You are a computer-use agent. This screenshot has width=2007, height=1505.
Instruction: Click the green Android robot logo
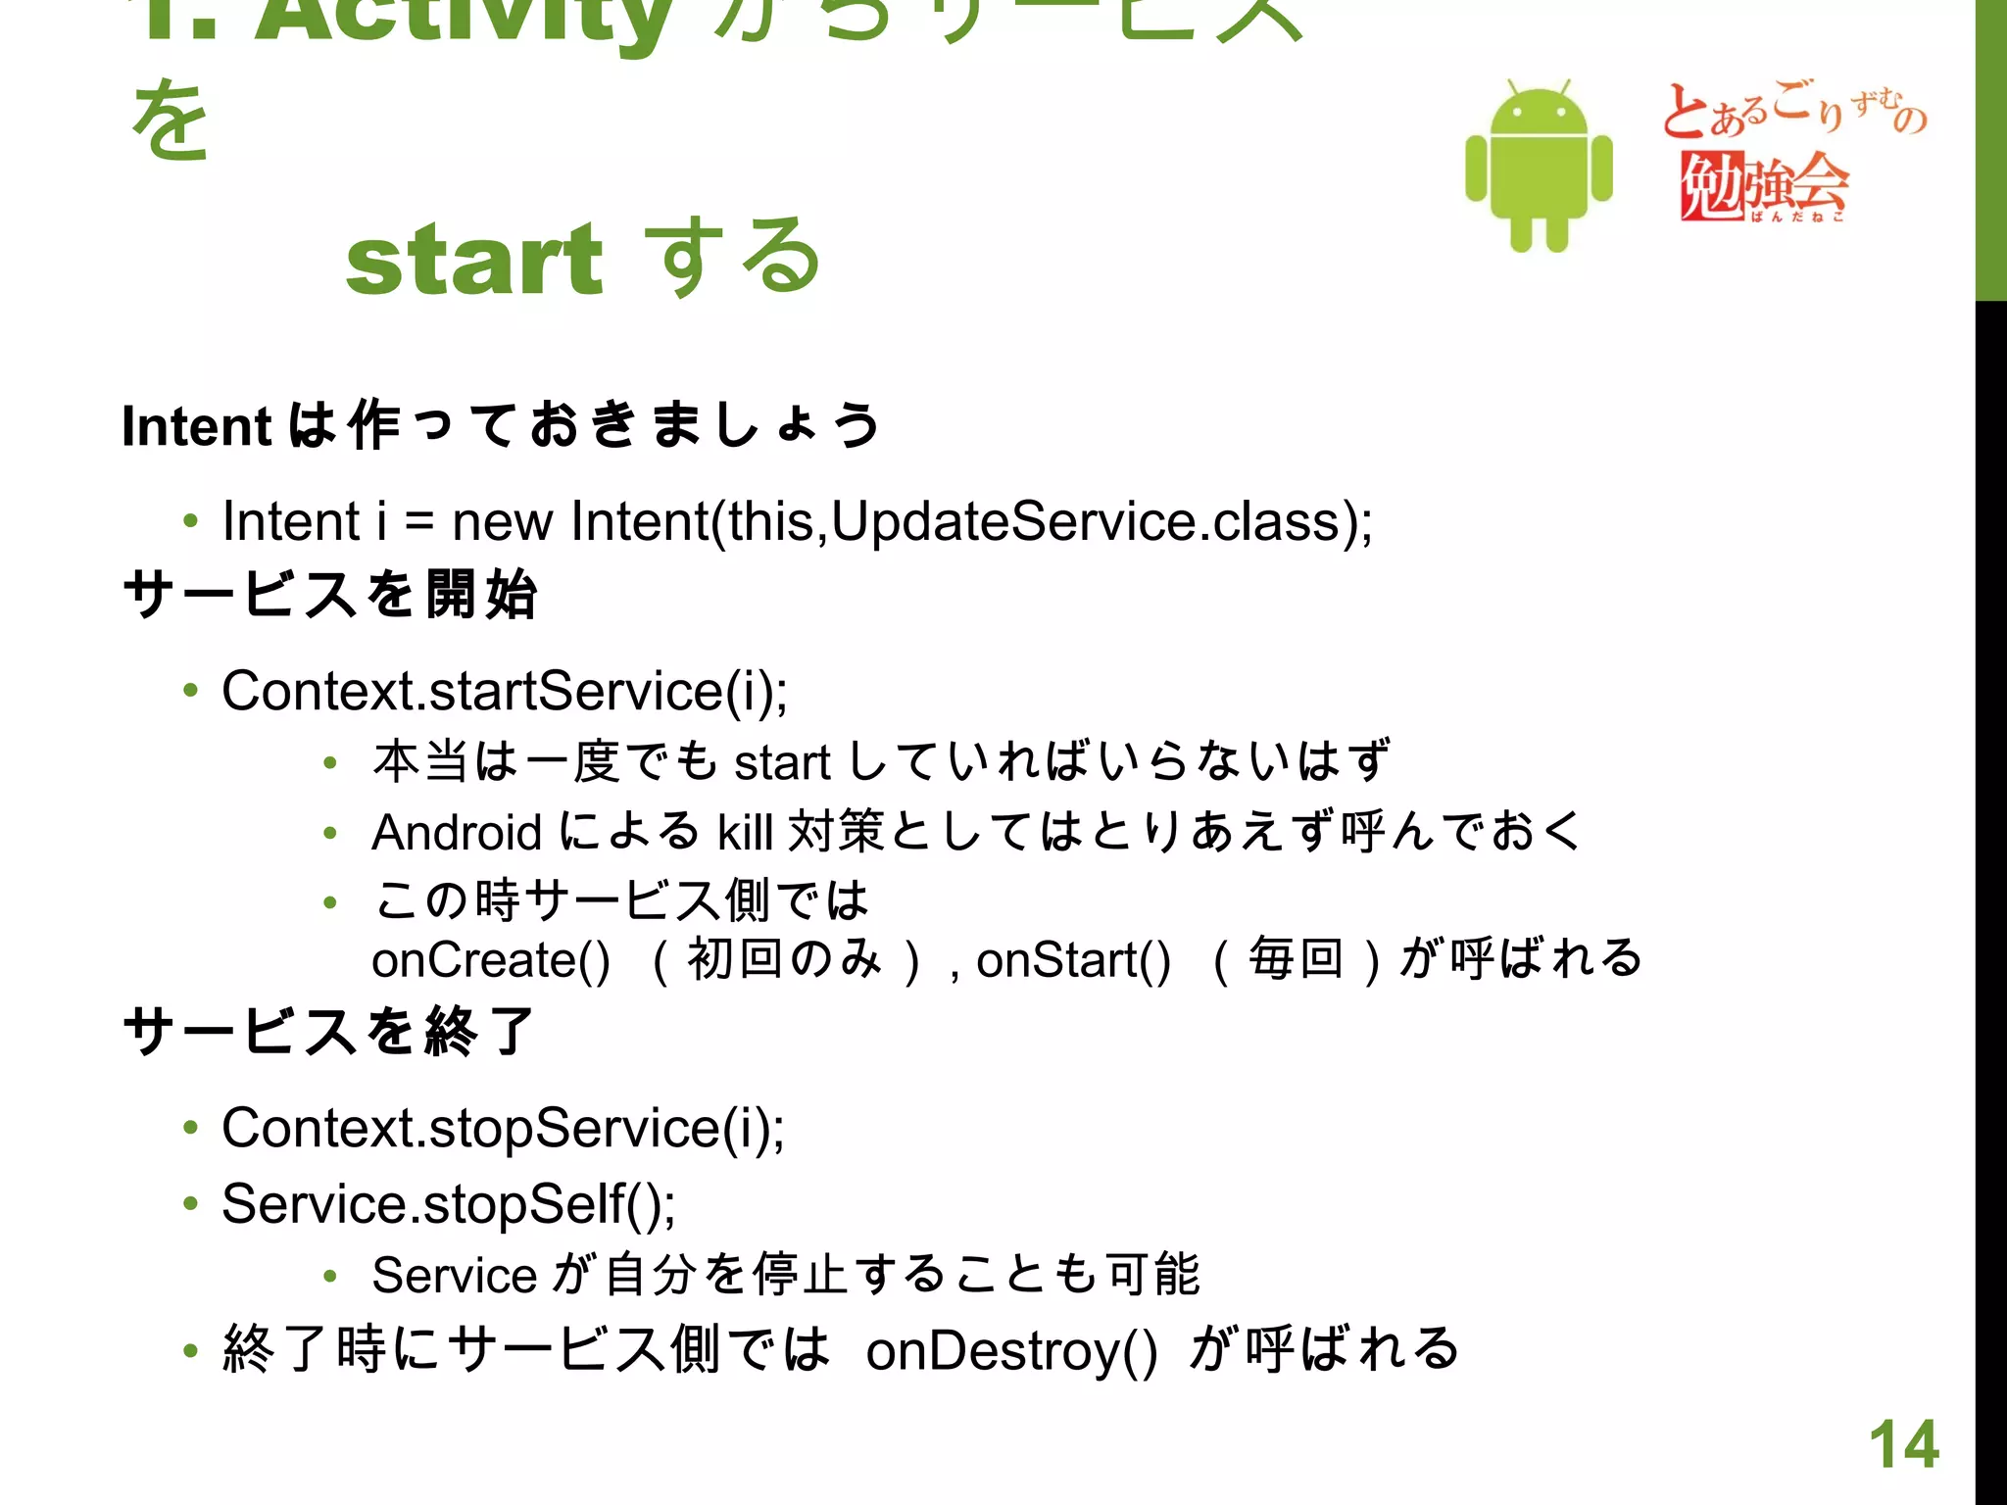point(1539,167)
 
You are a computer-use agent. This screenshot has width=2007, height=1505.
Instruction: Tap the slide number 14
point(1903,1444)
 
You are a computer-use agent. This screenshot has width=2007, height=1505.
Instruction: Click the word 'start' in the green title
point(474,259)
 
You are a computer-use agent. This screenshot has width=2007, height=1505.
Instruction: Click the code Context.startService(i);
point(504,691)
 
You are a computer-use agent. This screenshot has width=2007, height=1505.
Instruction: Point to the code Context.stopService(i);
point(502,1128)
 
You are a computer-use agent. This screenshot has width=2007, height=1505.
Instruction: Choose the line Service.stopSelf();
point(448,1203)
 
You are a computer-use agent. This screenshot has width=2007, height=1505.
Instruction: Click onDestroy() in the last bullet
point(1011,1350)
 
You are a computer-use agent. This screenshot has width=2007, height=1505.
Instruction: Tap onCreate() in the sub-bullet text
point(491,959)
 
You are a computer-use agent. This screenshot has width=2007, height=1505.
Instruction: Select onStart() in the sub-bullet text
point(1073,959)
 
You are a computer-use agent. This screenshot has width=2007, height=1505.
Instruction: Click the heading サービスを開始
point(330,595)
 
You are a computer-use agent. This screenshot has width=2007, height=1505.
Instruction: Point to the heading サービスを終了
point(330,1032)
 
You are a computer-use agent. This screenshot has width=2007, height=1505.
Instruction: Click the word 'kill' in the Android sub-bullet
point(745,833)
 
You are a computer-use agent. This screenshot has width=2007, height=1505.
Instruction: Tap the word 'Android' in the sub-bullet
point(457,833)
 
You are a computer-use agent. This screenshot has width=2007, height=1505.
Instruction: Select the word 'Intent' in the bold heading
point(196,427)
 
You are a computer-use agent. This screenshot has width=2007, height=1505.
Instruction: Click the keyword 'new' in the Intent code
point(502,521)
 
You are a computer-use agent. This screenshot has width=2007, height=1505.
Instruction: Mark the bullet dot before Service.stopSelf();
point(190,1203)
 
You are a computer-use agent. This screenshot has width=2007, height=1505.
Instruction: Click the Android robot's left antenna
point(1509,88)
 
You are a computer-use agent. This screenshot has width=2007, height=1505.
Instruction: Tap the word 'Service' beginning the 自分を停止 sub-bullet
point(454,1276)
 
